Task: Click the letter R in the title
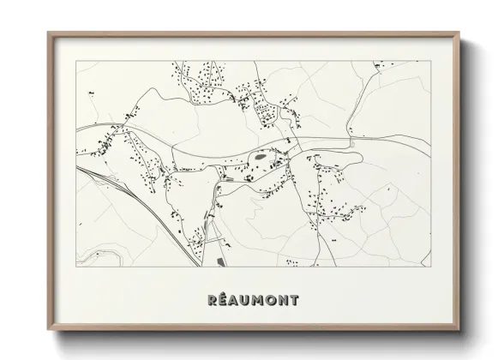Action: coord(212,300)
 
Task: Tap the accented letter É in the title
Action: coord(223,300)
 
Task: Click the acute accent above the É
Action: coord(224,294)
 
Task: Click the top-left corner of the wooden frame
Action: coord(47,33)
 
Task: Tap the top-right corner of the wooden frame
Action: coord(460,33)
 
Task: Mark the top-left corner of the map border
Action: coord(76,61)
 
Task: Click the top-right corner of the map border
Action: coord(429,61)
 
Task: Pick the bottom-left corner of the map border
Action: coord(76,267)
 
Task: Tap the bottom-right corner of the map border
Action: coord(429,267)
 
